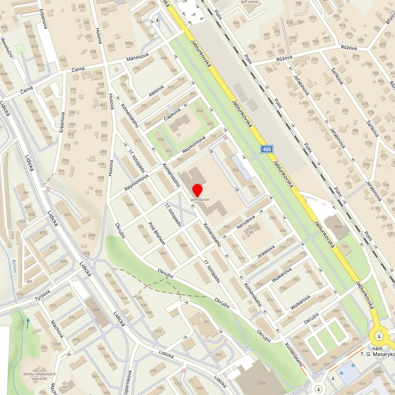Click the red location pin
pyautogui.click(x=197, y=191)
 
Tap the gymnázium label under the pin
pyautogui.click(x=200, y=200)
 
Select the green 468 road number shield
pyautogui.click(x=266, y=149)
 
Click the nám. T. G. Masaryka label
pyautogui.click(x=377, y=351)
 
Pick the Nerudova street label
pyautogui.click(x=246, y=221)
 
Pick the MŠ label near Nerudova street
pyautogui.click(x=251, y=233)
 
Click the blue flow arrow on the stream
pyautogui.click(x=28, y=323)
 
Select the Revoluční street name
pyautogui.click(x=7, y=44)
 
